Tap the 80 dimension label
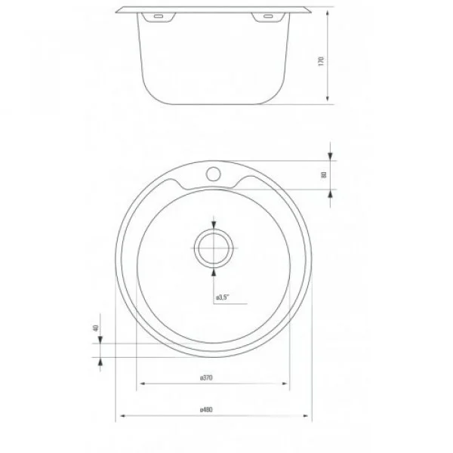323,175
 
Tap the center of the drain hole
214,248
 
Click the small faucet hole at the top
213,174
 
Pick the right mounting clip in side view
267,17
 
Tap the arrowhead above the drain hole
214,224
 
